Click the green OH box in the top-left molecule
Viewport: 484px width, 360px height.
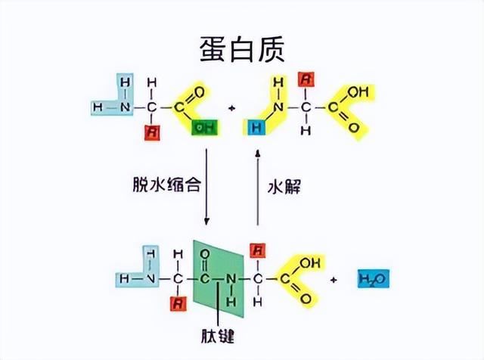(x=203, y=128)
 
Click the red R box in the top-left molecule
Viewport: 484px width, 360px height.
(x=151, y=130)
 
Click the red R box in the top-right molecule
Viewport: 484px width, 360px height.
(x=306, y=78)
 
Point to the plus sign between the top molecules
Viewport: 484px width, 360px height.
(x=232, y=107)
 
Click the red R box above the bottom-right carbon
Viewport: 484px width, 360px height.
(x=258, y=250)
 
